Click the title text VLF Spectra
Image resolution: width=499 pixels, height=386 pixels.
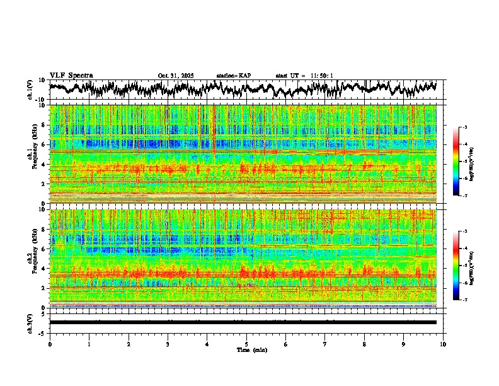71,75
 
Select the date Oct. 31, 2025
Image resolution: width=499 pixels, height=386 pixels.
175,76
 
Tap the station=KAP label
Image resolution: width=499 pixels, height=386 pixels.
233,76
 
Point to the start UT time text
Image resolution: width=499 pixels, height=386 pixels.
304,76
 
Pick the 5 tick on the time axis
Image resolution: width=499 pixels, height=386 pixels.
246,344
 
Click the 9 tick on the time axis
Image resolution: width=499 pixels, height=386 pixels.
404,344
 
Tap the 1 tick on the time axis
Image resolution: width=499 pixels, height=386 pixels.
89,344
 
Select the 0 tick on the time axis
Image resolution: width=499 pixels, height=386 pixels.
50,344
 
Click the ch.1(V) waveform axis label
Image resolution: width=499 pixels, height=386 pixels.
30,90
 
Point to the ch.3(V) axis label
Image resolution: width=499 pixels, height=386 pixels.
30,322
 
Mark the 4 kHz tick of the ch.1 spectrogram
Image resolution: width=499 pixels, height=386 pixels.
44,165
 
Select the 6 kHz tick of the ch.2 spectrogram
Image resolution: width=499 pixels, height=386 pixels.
44,249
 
